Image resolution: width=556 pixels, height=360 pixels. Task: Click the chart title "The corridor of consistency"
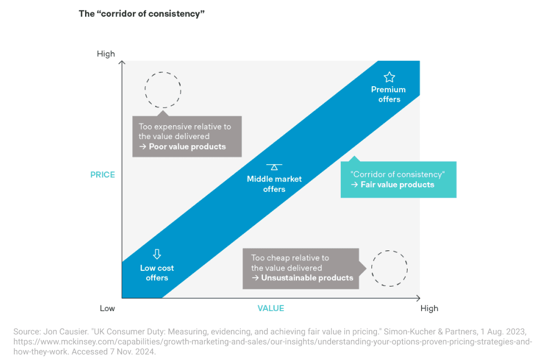pyautogui.click(x=142, y=14)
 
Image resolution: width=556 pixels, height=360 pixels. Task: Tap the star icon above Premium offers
pyautogui.click(x=389, y=77)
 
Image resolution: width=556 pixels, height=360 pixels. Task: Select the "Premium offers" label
pyautogui.click(x=389, y=94)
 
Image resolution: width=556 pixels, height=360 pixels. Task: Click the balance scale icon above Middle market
pyautogui.click(x=274, y=166)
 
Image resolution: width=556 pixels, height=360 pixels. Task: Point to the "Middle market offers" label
pyautogui.click(x=274, y=184)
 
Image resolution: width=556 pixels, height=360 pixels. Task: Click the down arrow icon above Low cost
pyautogui.click(x=157, y=254)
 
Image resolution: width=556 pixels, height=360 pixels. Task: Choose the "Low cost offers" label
pyautogui.click(x=157, y=273)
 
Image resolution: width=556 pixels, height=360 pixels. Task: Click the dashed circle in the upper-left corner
pyautogui.click(x=163, y=89)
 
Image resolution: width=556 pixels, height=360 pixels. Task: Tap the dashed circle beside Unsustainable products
pyautogui.click(x=389, y=268)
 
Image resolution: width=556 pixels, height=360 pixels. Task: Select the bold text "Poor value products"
pyautogui.click(x=187, y=147)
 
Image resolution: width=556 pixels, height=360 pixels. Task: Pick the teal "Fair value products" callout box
pyautogui.click(x=398, y=180)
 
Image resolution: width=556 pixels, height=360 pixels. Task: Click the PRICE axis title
pyautogui.click(x=103, y=175)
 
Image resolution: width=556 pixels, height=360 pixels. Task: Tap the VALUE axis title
pyautogui.click(x=271, y=308)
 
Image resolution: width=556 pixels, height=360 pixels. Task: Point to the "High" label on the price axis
pyautogui.click(x=106, y=54)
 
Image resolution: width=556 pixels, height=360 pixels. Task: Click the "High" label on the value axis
pyautogui.click(x=429, y=308)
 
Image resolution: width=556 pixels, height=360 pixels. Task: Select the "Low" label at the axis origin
pyautogui.click(x=107, y=308)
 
